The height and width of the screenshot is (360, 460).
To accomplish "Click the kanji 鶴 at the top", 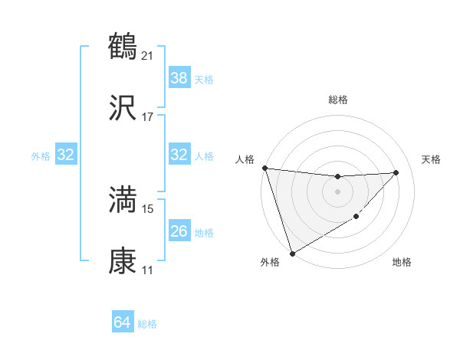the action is (x=123, y=47).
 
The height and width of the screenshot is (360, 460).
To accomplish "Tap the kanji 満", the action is (x=123, y=200).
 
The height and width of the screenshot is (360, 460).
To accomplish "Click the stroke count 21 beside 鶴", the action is (x=149, y=55).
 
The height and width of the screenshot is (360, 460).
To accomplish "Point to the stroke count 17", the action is (x=149, y=117).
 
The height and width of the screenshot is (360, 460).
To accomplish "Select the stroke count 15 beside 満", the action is (x=149, y=208).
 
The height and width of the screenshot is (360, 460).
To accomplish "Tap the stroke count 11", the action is (x=149, y=270).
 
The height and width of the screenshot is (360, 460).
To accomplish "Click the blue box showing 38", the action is (x=179, y=77).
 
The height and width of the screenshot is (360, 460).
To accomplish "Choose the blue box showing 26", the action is (x=179, y=231).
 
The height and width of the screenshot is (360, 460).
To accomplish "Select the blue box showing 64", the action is (x=123, y=322).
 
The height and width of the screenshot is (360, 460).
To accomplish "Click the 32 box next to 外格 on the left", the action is (x=66, y=155).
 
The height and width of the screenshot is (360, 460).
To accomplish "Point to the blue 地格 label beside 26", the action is (x=204, y=233).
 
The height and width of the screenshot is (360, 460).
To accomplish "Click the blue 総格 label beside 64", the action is (x=147, y=325).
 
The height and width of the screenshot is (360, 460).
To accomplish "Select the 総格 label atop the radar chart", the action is (x=338, y=100).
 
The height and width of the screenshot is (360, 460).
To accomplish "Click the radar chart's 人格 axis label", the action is (x=245, y=159).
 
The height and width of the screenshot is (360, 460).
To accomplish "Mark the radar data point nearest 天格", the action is (x=396, y=172).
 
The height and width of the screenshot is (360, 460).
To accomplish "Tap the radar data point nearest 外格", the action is (x=292, y=253).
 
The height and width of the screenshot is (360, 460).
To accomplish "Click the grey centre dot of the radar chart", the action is (x=337, y=191).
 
